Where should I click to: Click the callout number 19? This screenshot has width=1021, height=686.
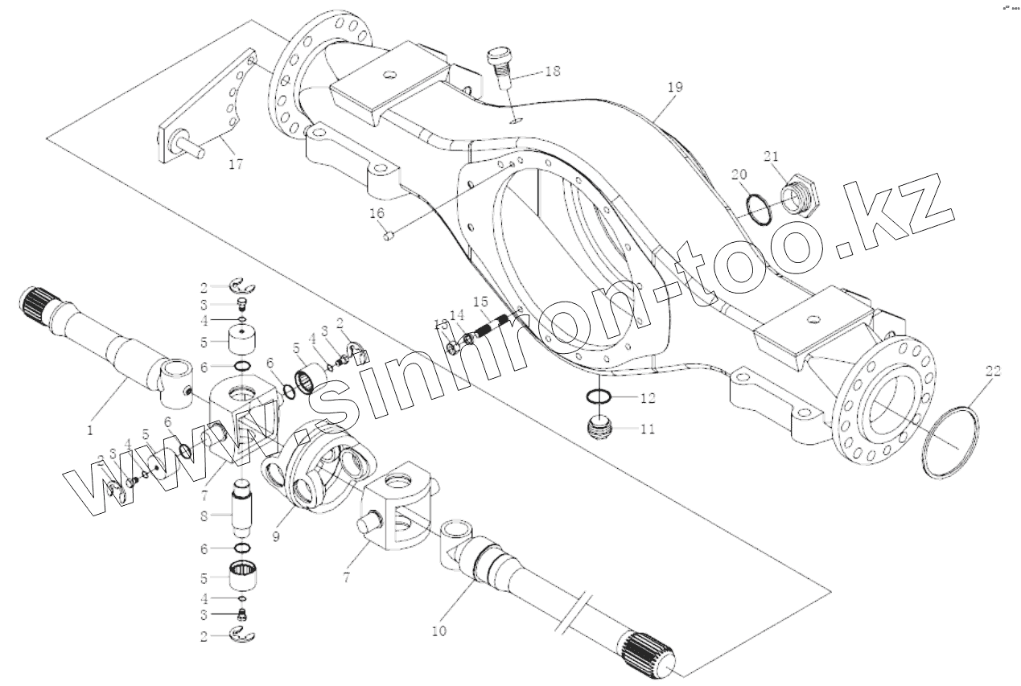pyautogui.click(x=674, y=87)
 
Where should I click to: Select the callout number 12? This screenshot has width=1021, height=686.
pyautogui.click(x=648, y=397)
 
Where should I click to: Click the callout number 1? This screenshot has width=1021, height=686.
pyautogui.click(x=90, y=430)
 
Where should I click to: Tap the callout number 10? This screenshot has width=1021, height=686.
pyautogui.click(x=438, y=631)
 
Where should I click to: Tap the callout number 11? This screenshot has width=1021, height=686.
pyautogui.click(x=648, y=429)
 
